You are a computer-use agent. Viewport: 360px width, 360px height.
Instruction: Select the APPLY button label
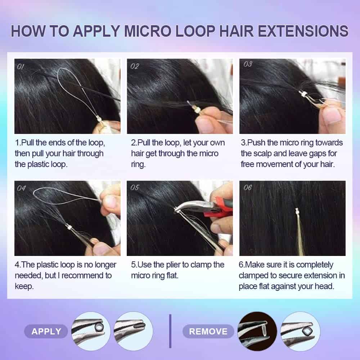[x=46, y=332]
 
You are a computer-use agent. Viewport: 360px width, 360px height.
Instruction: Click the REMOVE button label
[x=208, y=332]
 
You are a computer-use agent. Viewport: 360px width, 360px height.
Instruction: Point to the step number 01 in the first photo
[x=21, y=67]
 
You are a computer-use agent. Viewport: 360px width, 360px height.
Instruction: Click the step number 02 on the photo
[x=135, y=66]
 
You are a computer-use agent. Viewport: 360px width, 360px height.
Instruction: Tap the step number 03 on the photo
[x=248, y=64]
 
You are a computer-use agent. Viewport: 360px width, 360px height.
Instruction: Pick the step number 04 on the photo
[x=21, y=188]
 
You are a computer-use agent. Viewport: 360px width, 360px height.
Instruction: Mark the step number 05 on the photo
[x=135, y=188]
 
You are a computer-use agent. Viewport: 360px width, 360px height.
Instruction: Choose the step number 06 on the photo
[x=248, y=188]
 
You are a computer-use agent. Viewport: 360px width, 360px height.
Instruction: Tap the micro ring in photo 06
[x=297, y=211]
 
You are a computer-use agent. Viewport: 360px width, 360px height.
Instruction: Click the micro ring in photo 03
[x=302, y=94]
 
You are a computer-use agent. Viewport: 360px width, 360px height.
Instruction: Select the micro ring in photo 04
[x=69, y=227]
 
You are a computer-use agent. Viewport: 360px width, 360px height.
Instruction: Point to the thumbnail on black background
[x=257, y=331]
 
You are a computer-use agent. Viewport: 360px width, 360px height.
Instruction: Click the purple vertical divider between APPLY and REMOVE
[x=170, y=331]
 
